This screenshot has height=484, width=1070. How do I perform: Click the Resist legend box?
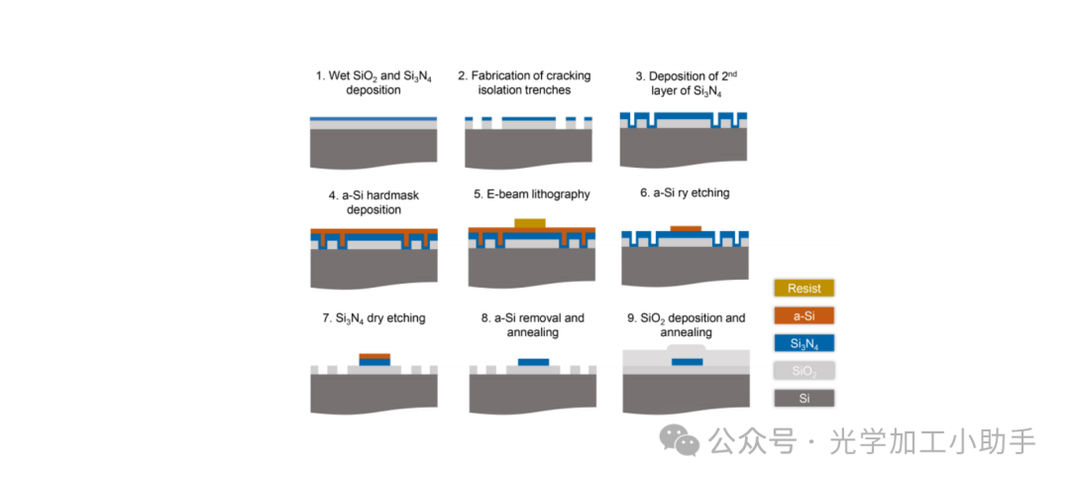pyautogui.click(x=803, y=289)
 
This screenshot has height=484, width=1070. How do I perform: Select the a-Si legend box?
pyautogui.click(x=803, y=316)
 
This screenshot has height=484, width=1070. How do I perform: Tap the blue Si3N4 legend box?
pyautogui.click(x=803, y=344)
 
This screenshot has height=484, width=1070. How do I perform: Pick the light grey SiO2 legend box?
pyautogui.click(x=803, y=371)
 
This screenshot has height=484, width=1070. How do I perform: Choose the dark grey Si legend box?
pyautogui.click(x=803, y=398)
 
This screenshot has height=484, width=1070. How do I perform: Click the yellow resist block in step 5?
pyautogui.click(x=531, y=222)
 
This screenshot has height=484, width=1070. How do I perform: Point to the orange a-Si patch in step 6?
pyautogui.click(x=685, y=229)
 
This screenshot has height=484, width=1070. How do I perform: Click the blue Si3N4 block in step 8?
pyautogui.click(x=533, y=362)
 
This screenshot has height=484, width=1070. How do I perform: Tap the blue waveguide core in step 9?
pyautogui.click(x=687, y=362)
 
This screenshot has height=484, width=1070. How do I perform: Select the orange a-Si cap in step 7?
pyautogui.click(x=374, y=355)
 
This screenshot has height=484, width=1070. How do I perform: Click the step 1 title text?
pyautogui.click(x=373, y=82)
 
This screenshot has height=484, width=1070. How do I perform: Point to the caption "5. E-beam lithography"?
pyautogui.click(x=531, y=194)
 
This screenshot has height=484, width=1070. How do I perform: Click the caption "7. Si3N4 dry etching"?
pyautogui.click(x=374, y=318)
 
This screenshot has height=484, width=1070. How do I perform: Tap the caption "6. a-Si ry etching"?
pyautogui.click(x=684, y=193)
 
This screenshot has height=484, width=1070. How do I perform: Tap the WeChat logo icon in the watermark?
pyautogui.click(x=680, y=439)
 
